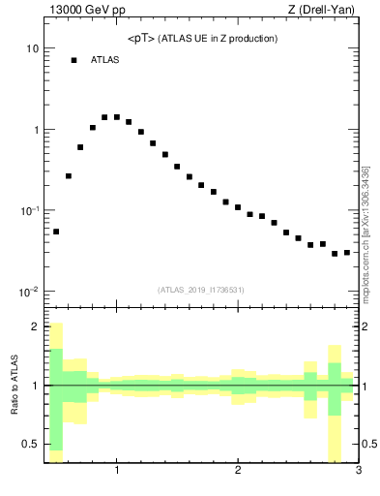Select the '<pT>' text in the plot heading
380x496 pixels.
(x=140, y=39)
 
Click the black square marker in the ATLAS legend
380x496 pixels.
(x=73, y=60)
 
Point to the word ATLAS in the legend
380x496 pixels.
(x=104, y=60)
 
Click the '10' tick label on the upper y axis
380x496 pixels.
(x=32, y=48)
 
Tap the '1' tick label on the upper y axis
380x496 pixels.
(x=35, y=130)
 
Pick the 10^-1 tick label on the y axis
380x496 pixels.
(x=29, y=210)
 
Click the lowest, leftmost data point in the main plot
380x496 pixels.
(x=56, y=232)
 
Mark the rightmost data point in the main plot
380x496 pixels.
(x=347, y=253)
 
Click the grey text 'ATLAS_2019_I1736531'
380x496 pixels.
(x=201, y=290)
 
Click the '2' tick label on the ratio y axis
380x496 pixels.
(x=35, y=326)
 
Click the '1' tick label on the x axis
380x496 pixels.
(x=117, y=472)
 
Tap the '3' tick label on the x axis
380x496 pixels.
(x=358, y=472)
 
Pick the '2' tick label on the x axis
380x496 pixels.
(x=238, y=472)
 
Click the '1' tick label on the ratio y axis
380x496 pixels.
(x=35, y=386)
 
